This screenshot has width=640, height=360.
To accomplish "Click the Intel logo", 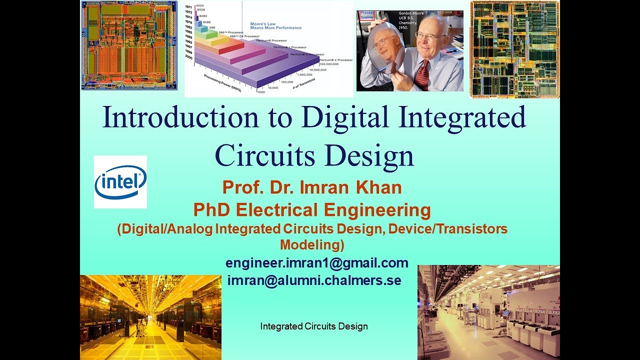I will pyautogui.click(x=120, y=181).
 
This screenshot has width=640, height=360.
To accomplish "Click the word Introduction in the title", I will pyautogui.click(x=180, y=118).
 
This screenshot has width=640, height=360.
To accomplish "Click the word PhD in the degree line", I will pyautogui.click(x=211, y=210).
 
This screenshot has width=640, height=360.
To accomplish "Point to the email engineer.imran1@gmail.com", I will pyautogui.click(x=317, y=263).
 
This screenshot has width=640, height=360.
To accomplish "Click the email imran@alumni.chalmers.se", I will pyautogui.click(x=314, y=280).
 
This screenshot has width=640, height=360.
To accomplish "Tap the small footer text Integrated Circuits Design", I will pyautogui.click(x=314, y=326).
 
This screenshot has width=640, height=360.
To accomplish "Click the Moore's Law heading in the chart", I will pyautogui.click(x=269, y=26).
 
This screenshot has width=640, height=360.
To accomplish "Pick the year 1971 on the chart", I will pyautogui.click(x=189, y=7).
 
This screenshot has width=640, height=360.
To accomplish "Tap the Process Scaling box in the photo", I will pyautogui.click(x=367, y=15).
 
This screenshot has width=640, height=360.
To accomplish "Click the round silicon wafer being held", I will pyautogui.click(x=384, y=50).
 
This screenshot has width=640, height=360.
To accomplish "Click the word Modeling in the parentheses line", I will pyautogui.click(x=312, y=245).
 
